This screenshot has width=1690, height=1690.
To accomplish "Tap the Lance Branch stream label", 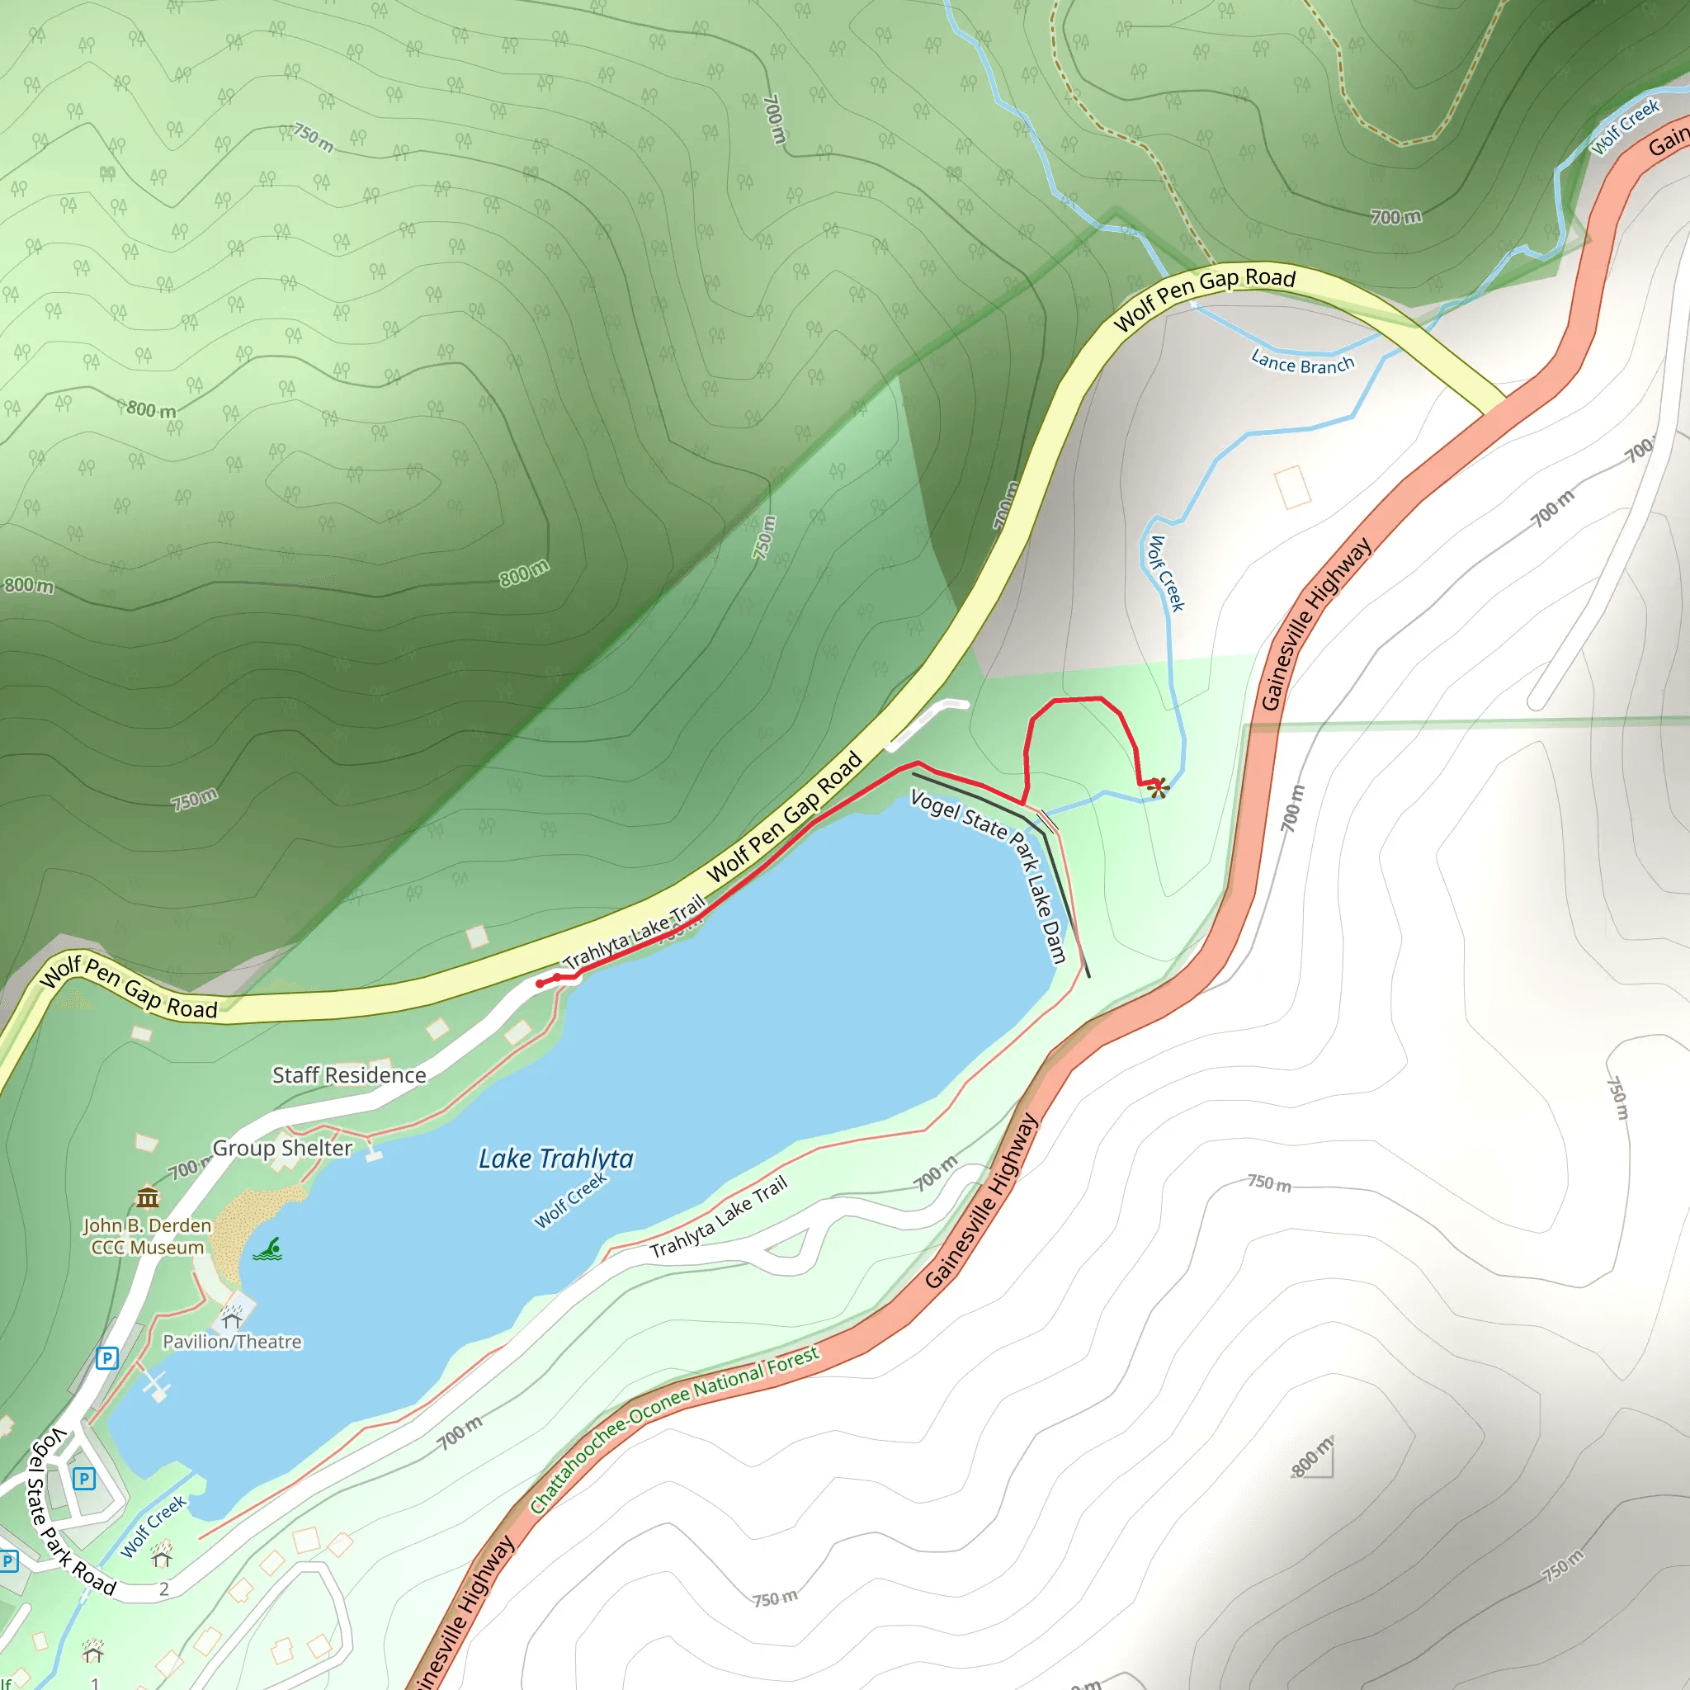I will tap(1301, 363).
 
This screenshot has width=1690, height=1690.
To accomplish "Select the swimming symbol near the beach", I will tap(268, 1250).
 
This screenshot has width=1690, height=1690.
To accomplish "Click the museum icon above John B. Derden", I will tap(148, 1197).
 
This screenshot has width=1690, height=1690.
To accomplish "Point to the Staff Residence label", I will tap(349, 1075).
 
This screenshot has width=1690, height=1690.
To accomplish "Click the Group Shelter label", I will tap(282, 1148).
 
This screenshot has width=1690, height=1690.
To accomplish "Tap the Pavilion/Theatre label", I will tap(232, 1342).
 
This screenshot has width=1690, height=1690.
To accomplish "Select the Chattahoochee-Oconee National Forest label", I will tap(673, 1430).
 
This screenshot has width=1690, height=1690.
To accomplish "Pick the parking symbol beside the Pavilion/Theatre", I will tap(106, 1358).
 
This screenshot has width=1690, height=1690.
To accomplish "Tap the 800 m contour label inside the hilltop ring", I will tap(524, 574).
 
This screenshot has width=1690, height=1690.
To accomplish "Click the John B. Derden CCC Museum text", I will tap(148, 1236).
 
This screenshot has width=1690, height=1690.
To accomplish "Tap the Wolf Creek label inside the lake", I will tap(570, 1200).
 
